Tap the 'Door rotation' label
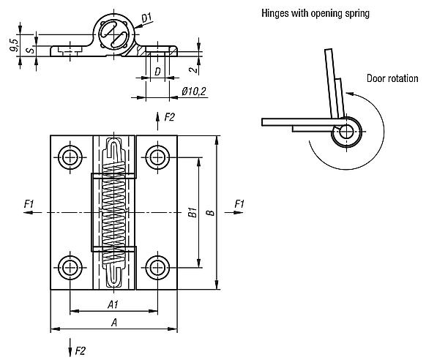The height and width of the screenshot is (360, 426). coord(393,78)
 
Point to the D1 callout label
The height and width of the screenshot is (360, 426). coord(146,15)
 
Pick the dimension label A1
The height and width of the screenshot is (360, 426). coord(113,304)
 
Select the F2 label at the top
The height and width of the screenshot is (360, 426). coord(169,117)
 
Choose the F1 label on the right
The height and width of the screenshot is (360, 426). coord(239,203)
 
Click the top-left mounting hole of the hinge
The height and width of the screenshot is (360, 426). coord(70,157)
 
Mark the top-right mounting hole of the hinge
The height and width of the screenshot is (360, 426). coord(156,157)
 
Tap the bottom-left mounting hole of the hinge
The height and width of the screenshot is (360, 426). coord(70,266)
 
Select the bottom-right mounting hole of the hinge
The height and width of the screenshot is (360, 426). coord(156,266)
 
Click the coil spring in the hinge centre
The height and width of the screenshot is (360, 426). coord(113,211)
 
